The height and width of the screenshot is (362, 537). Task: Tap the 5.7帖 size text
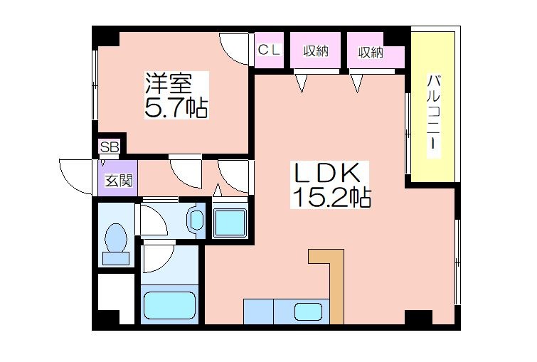coord(176,107)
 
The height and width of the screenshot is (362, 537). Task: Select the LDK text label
coord(327,173)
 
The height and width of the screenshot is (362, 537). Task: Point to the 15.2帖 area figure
coord(331,197)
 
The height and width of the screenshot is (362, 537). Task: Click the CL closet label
coord(269,50)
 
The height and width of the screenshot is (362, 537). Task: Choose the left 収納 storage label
coord(315,51)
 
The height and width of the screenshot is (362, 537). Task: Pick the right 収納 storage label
coord(371,52)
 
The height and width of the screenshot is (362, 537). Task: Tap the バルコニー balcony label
coord(434,113)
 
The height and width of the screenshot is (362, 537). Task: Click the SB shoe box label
coord(110,147)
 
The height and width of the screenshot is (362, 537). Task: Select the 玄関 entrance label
coord(119,180)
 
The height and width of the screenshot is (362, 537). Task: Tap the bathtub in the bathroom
coord(169,305)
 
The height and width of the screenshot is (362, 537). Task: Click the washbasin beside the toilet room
coord(196,220)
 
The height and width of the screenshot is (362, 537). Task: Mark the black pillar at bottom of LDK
coord(418,317)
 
